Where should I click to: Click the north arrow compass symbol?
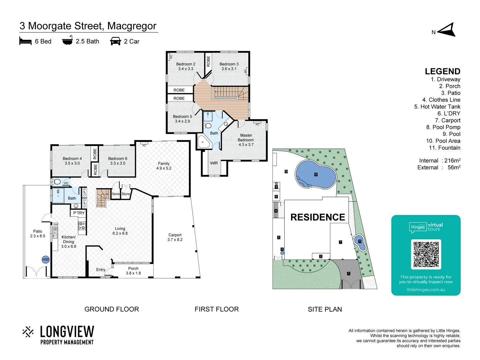click(447, 30)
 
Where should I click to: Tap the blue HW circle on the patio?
click(46, 260)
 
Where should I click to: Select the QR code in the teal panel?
click(426, 254)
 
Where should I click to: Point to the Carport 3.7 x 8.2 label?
click(175, 237)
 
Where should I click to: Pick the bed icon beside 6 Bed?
click(25, 41)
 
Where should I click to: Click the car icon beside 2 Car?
click(115, 41)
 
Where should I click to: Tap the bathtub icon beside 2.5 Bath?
click(67, 41)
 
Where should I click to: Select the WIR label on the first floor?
click(214, 163)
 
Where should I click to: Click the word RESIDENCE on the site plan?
click(318, 217)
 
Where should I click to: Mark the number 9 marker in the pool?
click(316, 174)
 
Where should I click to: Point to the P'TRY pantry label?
click(79, 213)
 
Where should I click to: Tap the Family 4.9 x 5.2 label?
click(164, 166)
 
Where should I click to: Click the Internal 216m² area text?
click(440, 161)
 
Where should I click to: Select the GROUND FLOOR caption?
click(112, 309)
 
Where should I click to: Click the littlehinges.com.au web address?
click(426, 290)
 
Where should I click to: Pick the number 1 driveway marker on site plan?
click(349, 274)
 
